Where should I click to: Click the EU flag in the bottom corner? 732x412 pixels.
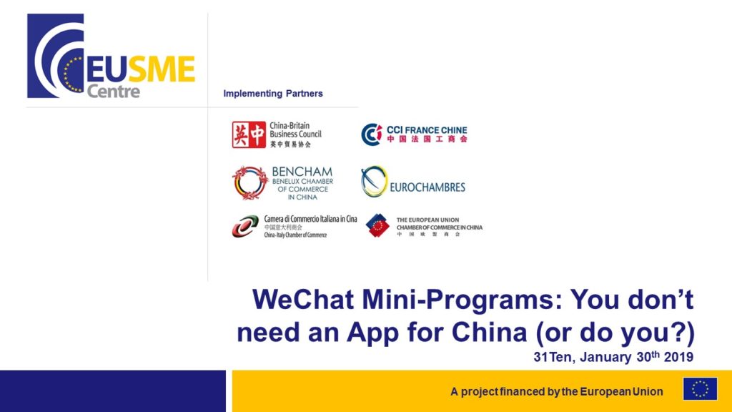click(x=700, y=388)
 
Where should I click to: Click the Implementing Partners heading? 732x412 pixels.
click(x=273, y=93)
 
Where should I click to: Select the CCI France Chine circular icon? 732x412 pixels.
click(x=371, y=134)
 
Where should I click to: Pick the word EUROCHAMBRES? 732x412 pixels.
click(x=427, y=187)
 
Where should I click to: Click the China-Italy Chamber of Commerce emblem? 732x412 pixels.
click(x=245, y=226)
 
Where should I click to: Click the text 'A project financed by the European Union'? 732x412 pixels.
click(x=557, y=391)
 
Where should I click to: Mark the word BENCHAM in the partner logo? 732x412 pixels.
click(x=302, y=172)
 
